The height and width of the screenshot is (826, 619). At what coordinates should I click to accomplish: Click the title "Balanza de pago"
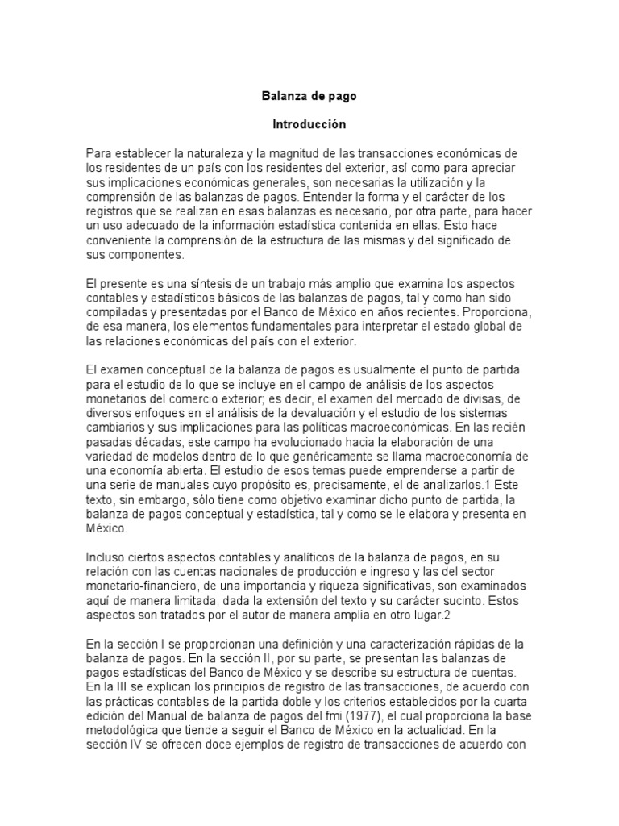click(309, 96)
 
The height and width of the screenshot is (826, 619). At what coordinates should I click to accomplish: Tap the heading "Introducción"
click(309, 125)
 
